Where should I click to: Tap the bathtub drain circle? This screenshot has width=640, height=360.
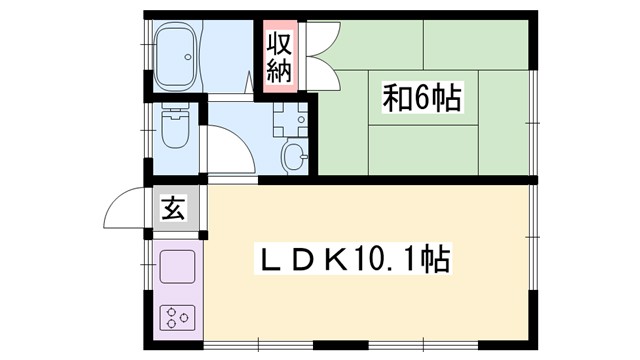[185, 57]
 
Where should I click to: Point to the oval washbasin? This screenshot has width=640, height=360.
[293, 155]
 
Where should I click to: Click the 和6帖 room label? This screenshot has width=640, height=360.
[419, 100]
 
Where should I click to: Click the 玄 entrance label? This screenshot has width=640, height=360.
[173, 210]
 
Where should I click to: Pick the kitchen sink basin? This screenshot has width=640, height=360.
[177, 267]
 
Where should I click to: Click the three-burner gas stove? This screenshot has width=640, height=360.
[177, 319]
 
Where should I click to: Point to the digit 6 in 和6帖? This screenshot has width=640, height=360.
[420, 100]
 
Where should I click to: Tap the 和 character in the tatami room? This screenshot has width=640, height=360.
[396, 100]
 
